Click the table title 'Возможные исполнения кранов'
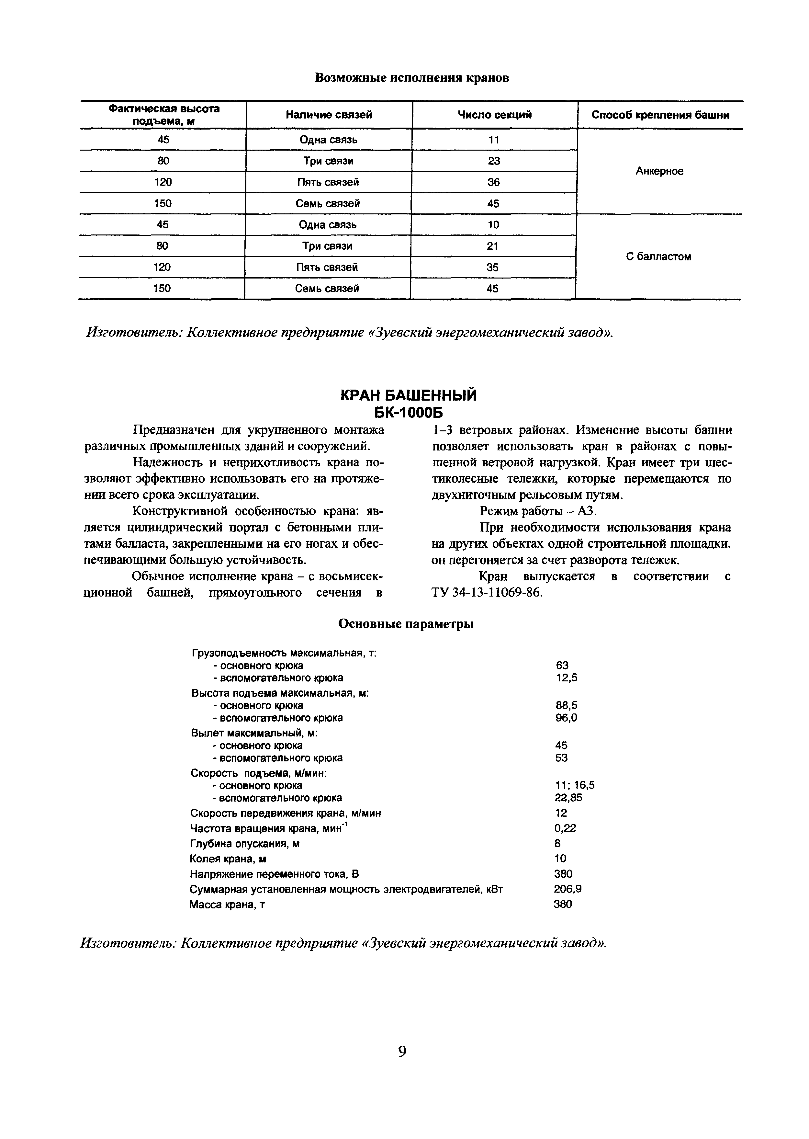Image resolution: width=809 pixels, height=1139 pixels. point(412,78)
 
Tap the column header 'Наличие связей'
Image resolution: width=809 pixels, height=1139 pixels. point(329,115)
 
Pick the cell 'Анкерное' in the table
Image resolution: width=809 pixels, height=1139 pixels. point(659,171)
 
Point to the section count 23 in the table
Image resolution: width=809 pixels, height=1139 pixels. point(494,161)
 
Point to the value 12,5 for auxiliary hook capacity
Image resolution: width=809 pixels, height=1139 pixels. point(567,678)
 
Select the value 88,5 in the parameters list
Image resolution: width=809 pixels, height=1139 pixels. point(567,706)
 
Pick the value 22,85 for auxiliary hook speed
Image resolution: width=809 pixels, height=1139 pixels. point(568,798)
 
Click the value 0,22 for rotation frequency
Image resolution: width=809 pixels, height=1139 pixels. point(565,828)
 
